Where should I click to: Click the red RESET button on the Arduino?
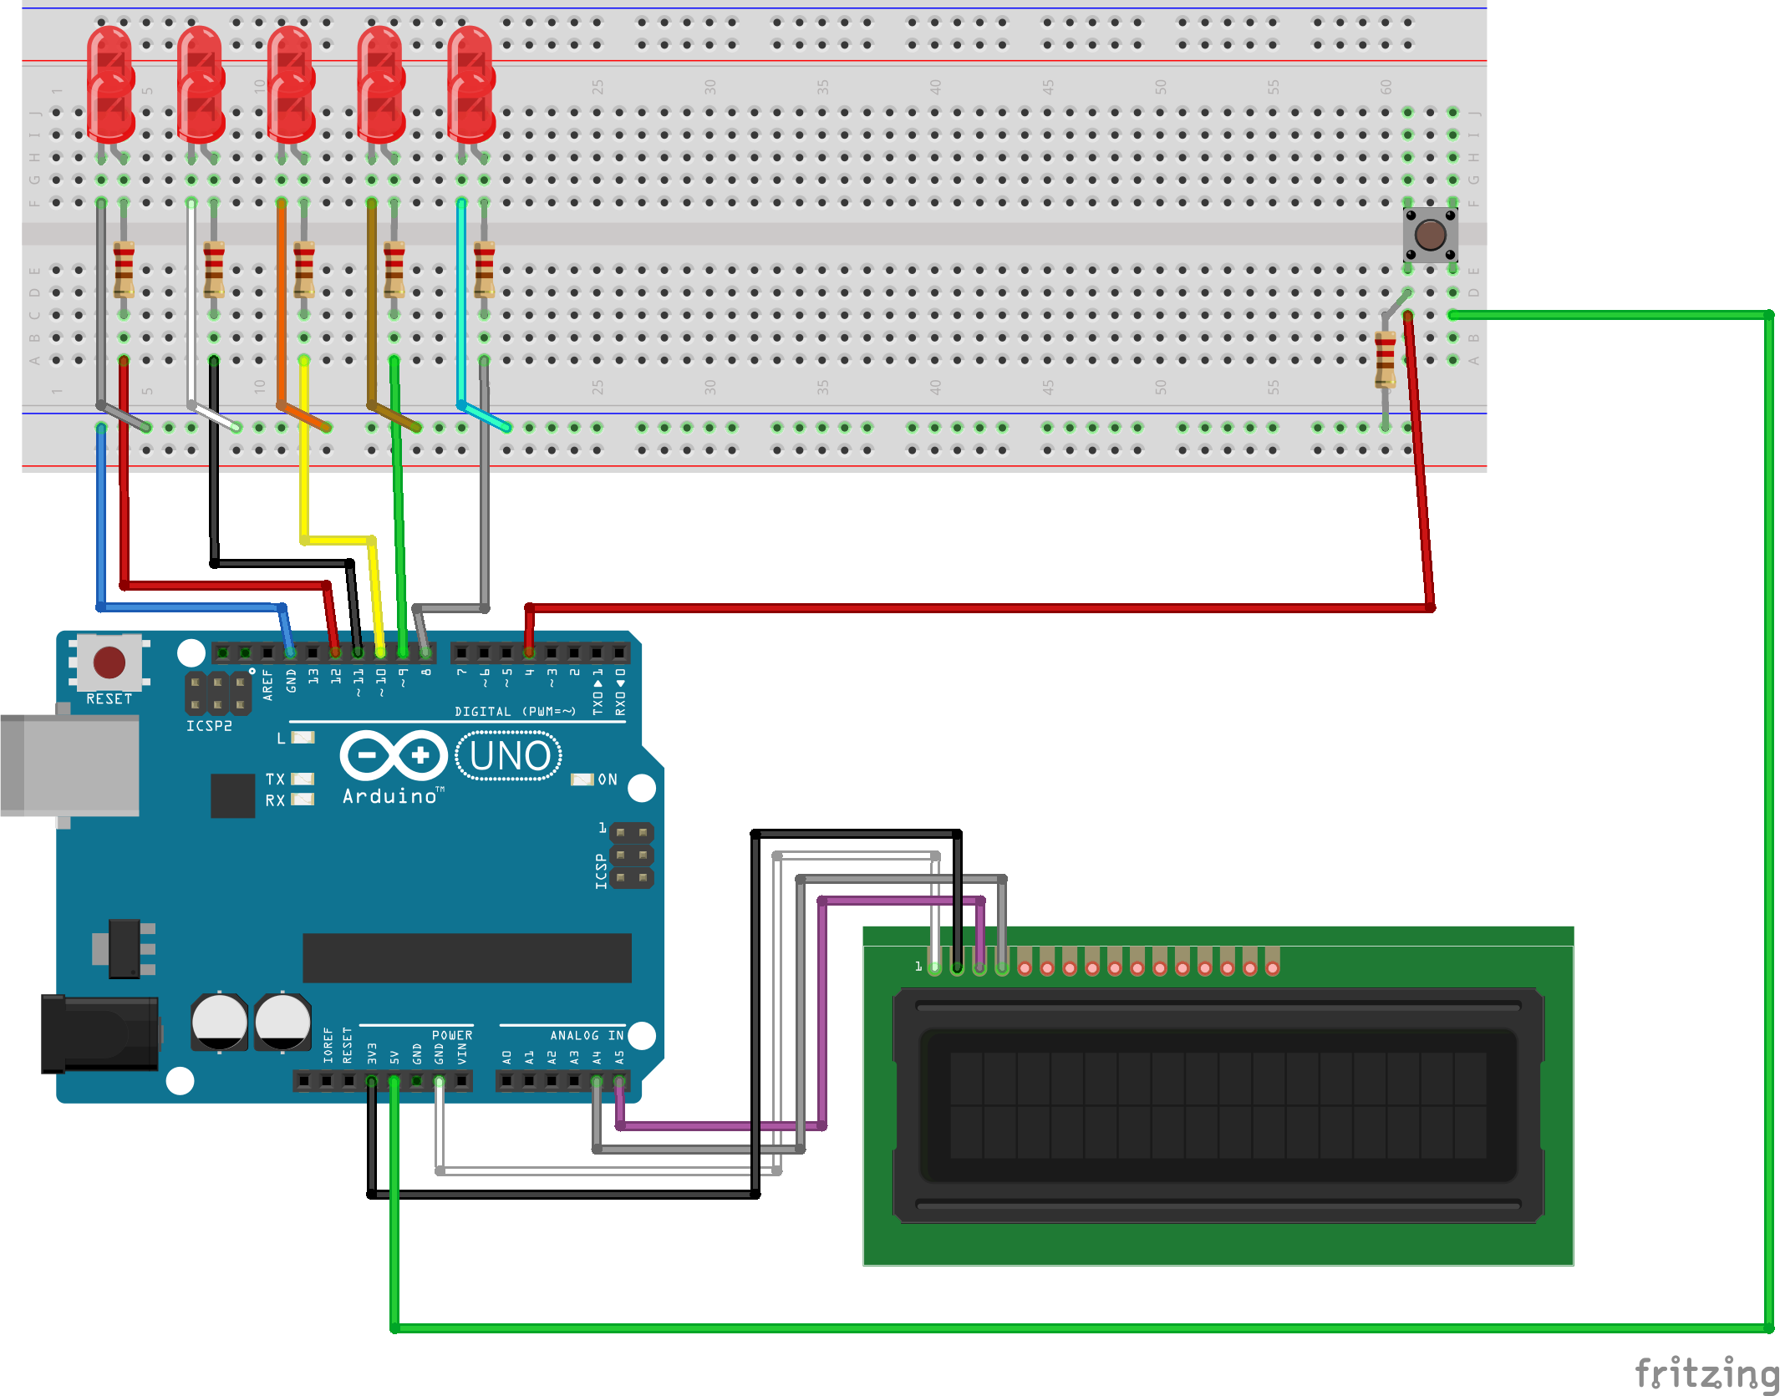click(x=109, y=662)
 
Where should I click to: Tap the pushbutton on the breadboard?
click(x=1430, y=235)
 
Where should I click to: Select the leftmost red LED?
click(x=110, y=84)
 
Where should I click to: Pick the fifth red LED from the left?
click(x=470, y=84)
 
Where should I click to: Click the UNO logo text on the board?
click(x=509, y=756)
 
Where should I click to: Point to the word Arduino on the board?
click(x=389, y=797)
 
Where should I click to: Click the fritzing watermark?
click(x=1705, y=1373)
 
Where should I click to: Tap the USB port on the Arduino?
click(x=71, y=764)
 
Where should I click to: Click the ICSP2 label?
click(x=209, y=726)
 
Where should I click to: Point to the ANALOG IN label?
click(x=587, y=1035)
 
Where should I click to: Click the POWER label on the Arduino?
click(x=452, y=1035)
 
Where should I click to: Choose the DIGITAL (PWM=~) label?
click(x=515, y=712)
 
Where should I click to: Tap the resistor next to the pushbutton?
click(x=1385, y=359)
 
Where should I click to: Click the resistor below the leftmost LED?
click(x=124, y=269)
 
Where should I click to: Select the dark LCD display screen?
click(x=1218, y=1105)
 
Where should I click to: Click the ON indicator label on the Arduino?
click(x=608, y=779)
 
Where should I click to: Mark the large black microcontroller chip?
click(x=466, y=957)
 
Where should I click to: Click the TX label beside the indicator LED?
click(x=275, y=779)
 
